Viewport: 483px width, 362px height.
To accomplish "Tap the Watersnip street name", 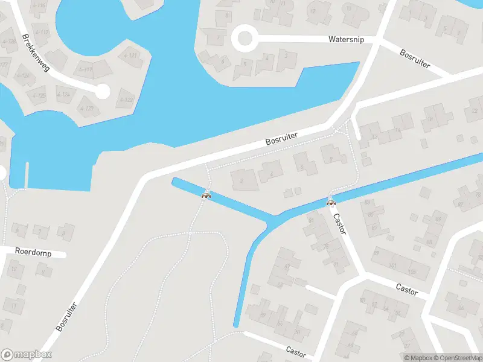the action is point(346,39).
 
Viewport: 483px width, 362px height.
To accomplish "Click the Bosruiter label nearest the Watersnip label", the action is point(415,58).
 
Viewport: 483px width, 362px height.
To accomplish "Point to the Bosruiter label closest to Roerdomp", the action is point(66,316).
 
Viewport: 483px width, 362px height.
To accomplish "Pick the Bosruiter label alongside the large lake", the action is point(282,138).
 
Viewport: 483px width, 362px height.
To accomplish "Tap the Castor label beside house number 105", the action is point(407,290).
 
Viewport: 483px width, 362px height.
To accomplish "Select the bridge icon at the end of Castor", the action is point(331,202).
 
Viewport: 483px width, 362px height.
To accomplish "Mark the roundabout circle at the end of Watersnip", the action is point(245,39).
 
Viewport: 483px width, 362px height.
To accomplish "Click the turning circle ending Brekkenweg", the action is point(103,92).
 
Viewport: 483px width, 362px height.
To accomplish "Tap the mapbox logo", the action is point(27,355).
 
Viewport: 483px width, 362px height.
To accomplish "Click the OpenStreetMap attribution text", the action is point(456,358).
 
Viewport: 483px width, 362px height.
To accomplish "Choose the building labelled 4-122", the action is point(126,100).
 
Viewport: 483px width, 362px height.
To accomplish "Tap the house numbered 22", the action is point(473,110).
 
